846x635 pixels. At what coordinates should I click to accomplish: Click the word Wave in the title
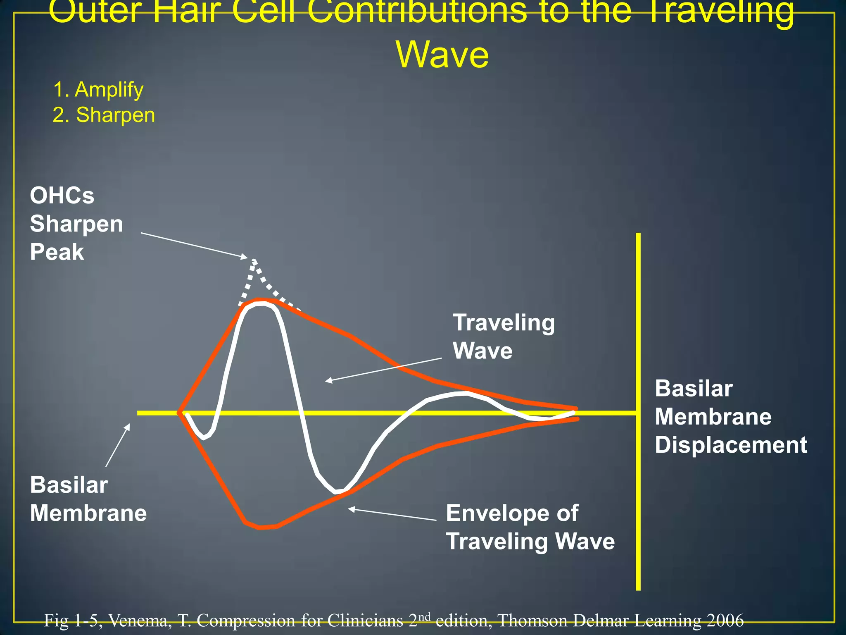tap(442, 55)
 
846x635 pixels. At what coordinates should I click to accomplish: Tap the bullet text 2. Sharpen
tap(104, 115)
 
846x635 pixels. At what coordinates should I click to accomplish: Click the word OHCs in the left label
tap(62, 196)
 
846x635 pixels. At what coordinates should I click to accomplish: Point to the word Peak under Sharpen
tap(57, 252)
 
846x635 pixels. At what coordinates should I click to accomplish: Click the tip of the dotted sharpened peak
tap(254, 260)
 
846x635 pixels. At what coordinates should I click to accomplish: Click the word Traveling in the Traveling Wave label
tap(504, 322)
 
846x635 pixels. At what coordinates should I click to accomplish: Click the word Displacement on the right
tap(731, 445)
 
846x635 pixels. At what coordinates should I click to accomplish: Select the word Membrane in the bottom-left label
tap(88, 513)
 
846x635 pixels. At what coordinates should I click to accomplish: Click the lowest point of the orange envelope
tap(260, 528)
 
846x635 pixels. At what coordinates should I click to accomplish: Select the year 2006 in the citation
tap(725, 621)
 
